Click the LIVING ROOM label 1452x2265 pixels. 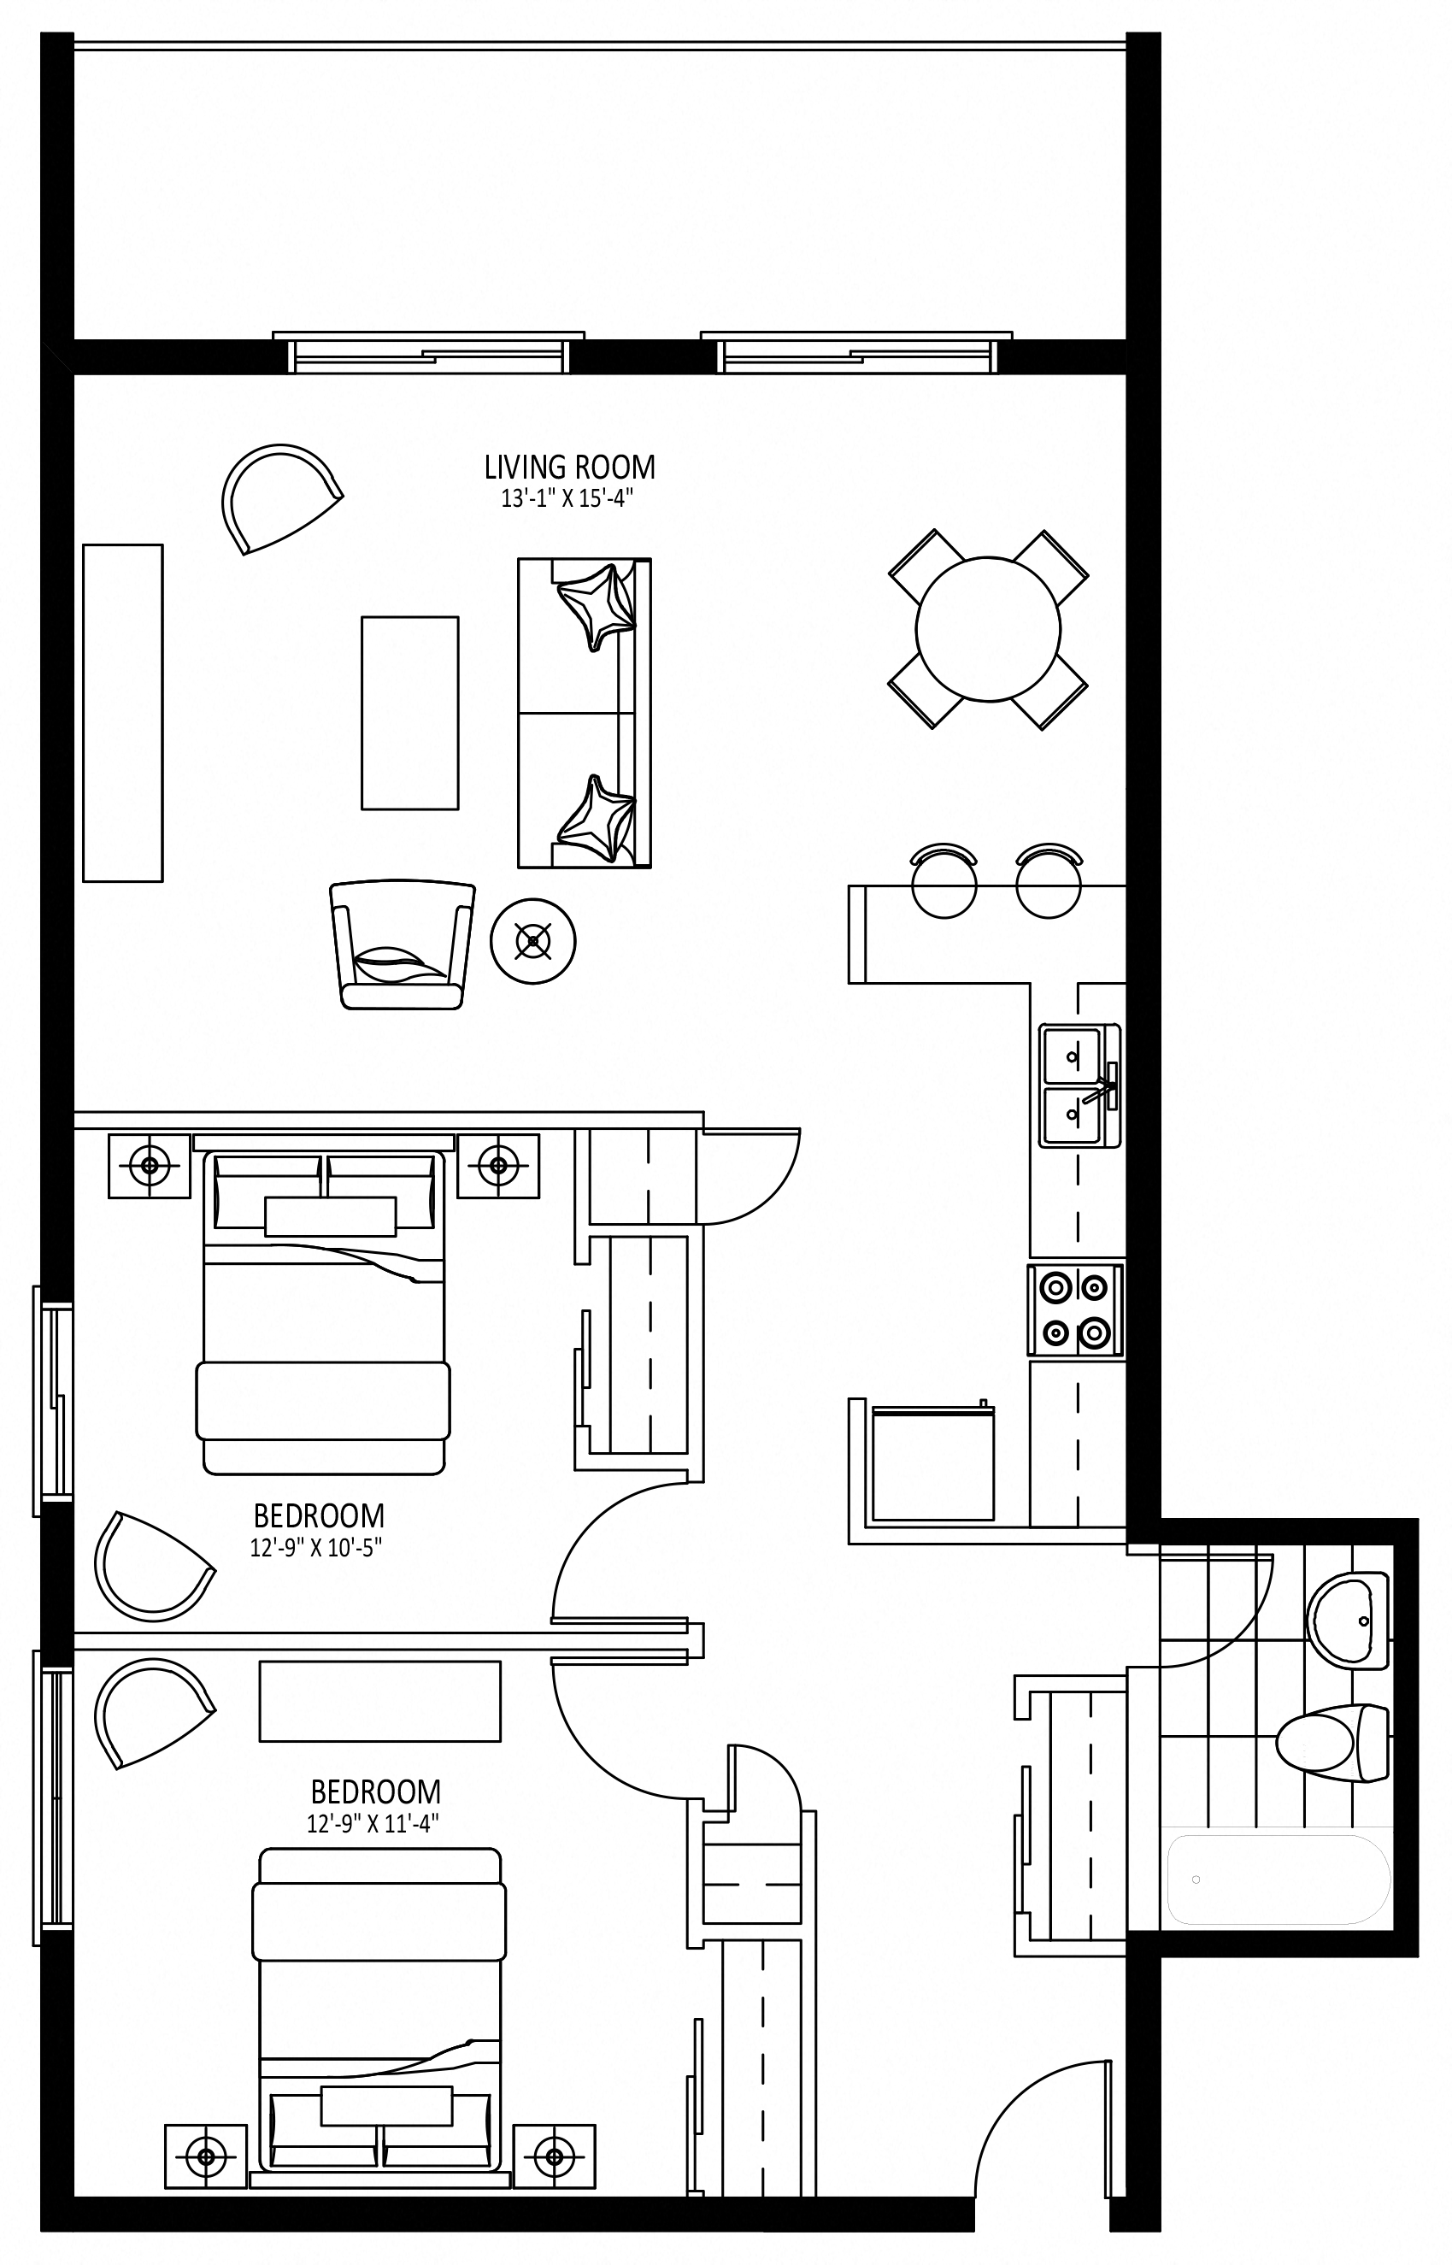pyautogui.click(x=569, y=467)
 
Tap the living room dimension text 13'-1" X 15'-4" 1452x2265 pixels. pyautogui.click(x=566, y=499)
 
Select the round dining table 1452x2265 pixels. pyautogui.click(x=988, y=629)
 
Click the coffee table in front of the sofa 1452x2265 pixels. pyautogui.click(x=410, y=713)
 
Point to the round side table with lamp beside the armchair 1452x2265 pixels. pyautogui.click(x=533, y=941)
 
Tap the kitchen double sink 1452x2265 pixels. pyautogui.click(x=1079, y=1086)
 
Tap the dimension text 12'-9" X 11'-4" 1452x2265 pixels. pyautogui.click(x=373, y=1824)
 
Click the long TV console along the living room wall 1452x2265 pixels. pyautogui.click(x=122, y=713)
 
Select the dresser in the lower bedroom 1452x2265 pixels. pyautogui.click(x=380, y=1701)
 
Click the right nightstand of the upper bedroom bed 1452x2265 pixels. pyautogui.click(x=499, y=1167)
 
